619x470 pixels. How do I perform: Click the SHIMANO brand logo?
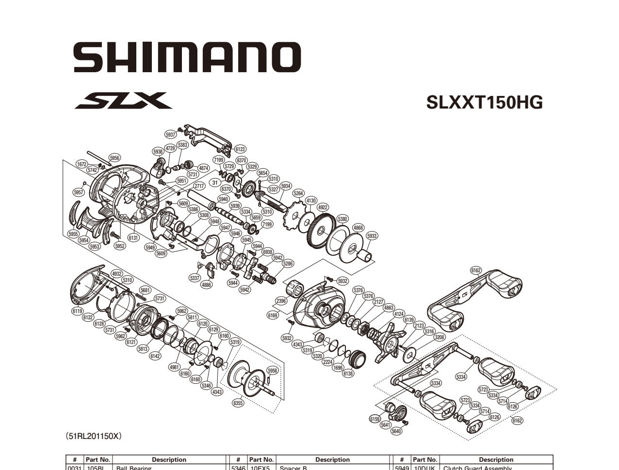point(187,57)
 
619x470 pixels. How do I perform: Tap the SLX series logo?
point(123,101)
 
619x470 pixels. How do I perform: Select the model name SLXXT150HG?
point(484,102)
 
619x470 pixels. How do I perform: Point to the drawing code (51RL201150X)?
point(93,436)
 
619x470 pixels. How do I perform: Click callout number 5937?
point(171,135)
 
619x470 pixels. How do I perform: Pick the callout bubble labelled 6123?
point(240,150)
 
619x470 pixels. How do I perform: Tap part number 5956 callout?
point(114,158)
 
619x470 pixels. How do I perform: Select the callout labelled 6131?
point(133,238)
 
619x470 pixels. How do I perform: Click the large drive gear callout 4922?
point(323,207)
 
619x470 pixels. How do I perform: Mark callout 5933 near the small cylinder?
point(372,236)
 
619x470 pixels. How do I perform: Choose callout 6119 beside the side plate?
point(77,311)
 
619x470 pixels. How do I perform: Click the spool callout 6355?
point(238,403)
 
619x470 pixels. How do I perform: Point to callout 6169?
point(273,315)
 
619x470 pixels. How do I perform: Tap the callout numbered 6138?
point(348,374)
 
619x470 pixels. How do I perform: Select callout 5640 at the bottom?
point(396,431)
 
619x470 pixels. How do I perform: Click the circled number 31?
point(215,183)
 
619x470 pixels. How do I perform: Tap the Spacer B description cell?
point(293,468)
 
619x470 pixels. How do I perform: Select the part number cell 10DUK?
point(425,468)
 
